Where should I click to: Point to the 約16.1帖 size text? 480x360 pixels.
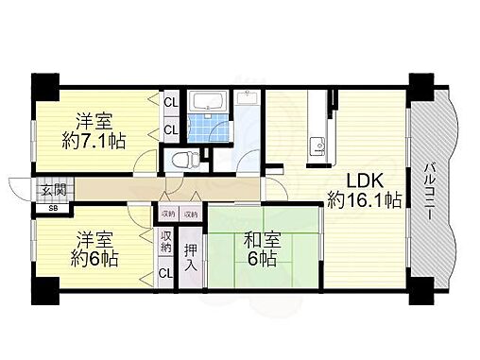[366, 200]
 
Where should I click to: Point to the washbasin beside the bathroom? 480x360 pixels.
[249, 98]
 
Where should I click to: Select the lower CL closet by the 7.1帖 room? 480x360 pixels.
[171, 129]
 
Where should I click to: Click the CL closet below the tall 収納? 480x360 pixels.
[166, 274]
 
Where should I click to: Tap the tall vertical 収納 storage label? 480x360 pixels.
[166, 242]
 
